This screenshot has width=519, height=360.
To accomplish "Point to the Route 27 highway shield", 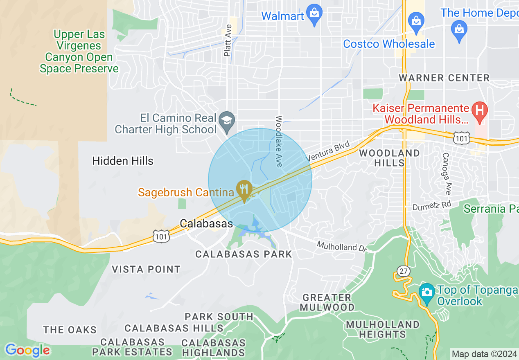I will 403,271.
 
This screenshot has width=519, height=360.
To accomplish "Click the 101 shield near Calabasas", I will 161,236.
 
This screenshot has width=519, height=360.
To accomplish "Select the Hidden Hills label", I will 123,161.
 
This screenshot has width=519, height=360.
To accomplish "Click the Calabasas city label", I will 206,223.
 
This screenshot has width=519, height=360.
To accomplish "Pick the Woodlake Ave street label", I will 279,141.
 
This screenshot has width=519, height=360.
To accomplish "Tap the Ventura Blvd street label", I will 328,151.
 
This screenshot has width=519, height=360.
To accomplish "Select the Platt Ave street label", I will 228,40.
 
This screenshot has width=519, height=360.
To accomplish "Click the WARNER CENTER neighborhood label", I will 444,78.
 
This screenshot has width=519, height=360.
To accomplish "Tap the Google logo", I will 27,350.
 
